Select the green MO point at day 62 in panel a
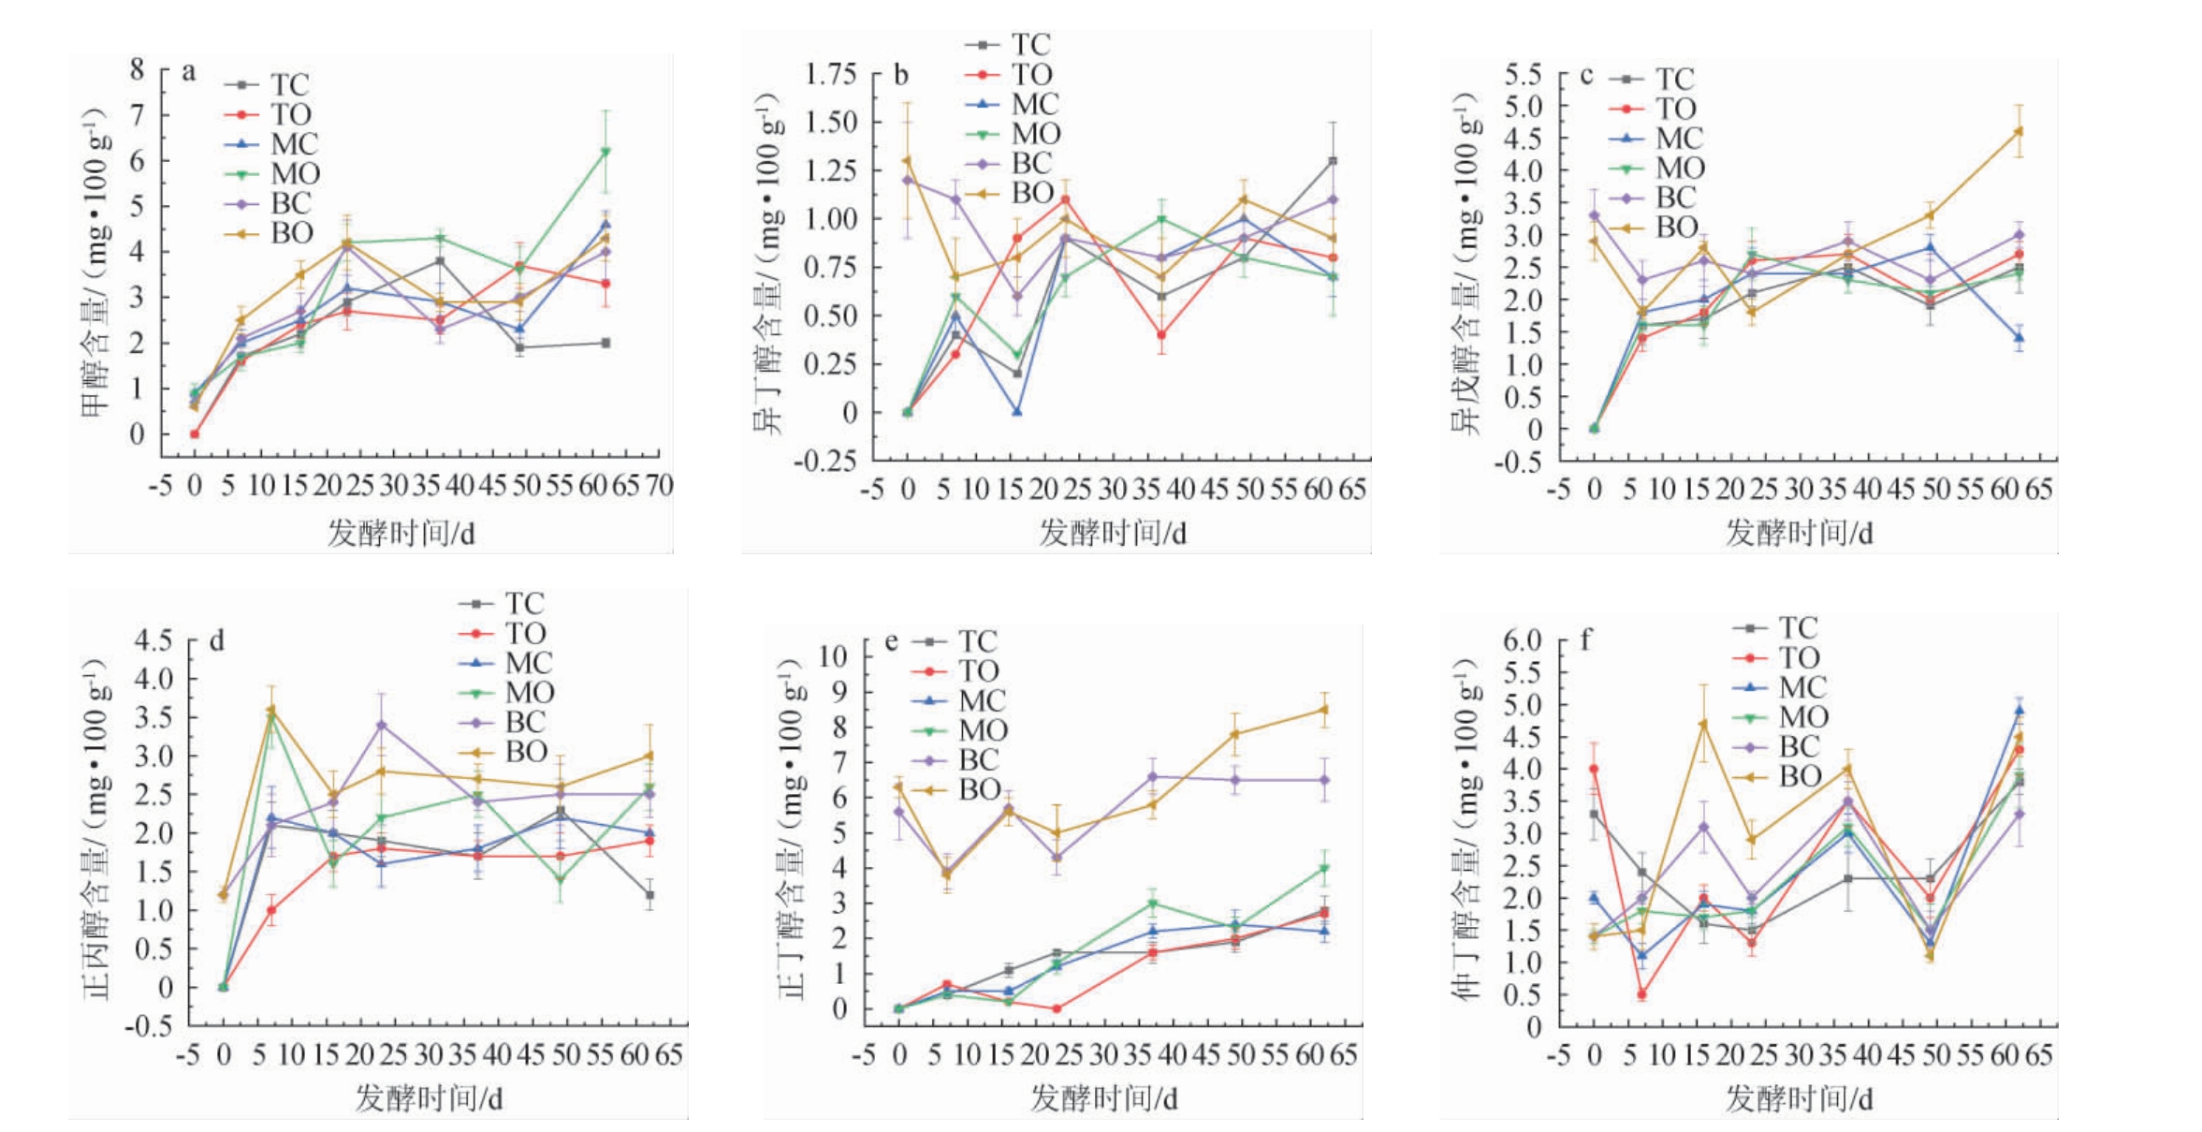coord(605,152)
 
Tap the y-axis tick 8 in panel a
coord(138,69)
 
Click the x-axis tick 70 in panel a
coord(659,485)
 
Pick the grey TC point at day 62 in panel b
coord(1333,161)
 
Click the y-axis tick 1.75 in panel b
coord(830,74)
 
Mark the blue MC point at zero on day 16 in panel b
coord(1016,412)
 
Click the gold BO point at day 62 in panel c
coord(2019,131)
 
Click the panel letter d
coord(216,640)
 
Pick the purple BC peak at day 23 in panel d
coord(381,725)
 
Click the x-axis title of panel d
coord(428,1097)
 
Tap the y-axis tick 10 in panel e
coord(832,655)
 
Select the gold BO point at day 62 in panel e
coord(1324,709)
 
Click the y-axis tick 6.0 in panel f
coord(1522,640)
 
